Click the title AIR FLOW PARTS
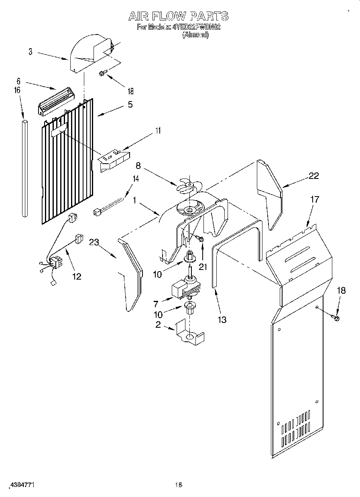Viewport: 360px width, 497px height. coord(178,16)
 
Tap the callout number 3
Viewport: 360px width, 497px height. coord(31,52)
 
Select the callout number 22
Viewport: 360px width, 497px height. coord(314,175)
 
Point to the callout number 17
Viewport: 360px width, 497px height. coord(315,199)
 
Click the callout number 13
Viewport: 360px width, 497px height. coord(222,320)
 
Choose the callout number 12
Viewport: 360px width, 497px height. coord(77,276)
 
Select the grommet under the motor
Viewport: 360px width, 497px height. coord(189,309)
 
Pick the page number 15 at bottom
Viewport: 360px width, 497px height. coord(179,485)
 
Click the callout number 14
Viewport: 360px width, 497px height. coord(136,179)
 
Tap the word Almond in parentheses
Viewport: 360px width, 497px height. coord(195,35)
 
